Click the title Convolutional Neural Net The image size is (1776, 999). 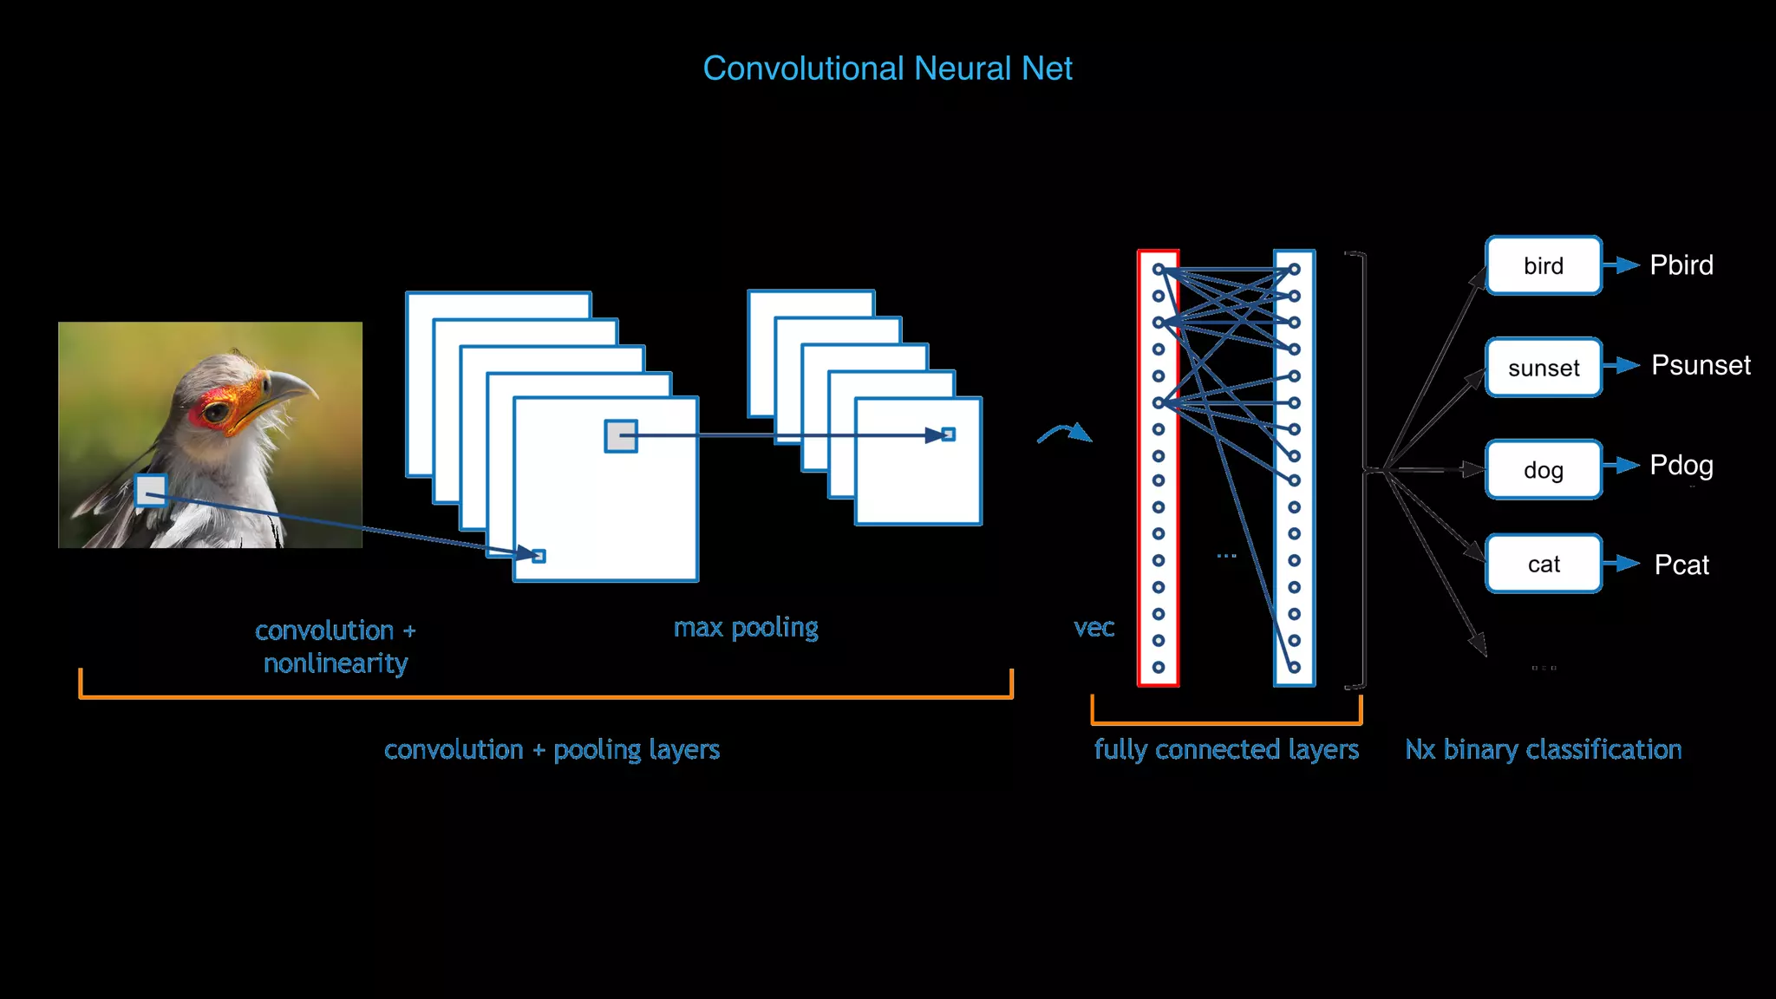(887, 69)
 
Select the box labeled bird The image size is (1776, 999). (1544, 265)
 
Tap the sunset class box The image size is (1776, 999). (1544, 368)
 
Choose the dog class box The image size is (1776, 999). (1544, 470)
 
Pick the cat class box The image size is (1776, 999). (1544, 564)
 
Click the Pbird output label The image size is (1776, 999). (1681, 264)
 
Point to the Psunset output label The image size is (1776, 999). (1700, 365)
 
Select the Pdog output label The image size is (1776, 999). (1681, 466)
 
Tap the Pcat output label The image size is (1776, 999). (1681, 565)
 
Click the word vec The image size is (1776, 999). (1094, 627)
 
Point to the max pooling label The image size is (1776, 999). (746, 627)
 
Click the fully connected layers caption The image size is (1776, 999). (1226, 749)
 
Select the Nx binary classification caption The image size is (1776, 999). (1544, 749)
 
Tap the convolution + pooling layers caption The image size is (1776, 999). (552, 749)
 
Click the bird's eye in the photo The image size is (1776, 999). (217, 413)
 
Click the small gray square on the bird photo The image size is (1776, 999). (151, 491)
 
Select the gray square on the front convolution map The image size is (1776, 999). (621, 436)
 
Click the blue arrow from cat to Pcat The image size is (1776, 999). (1621, 564)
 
